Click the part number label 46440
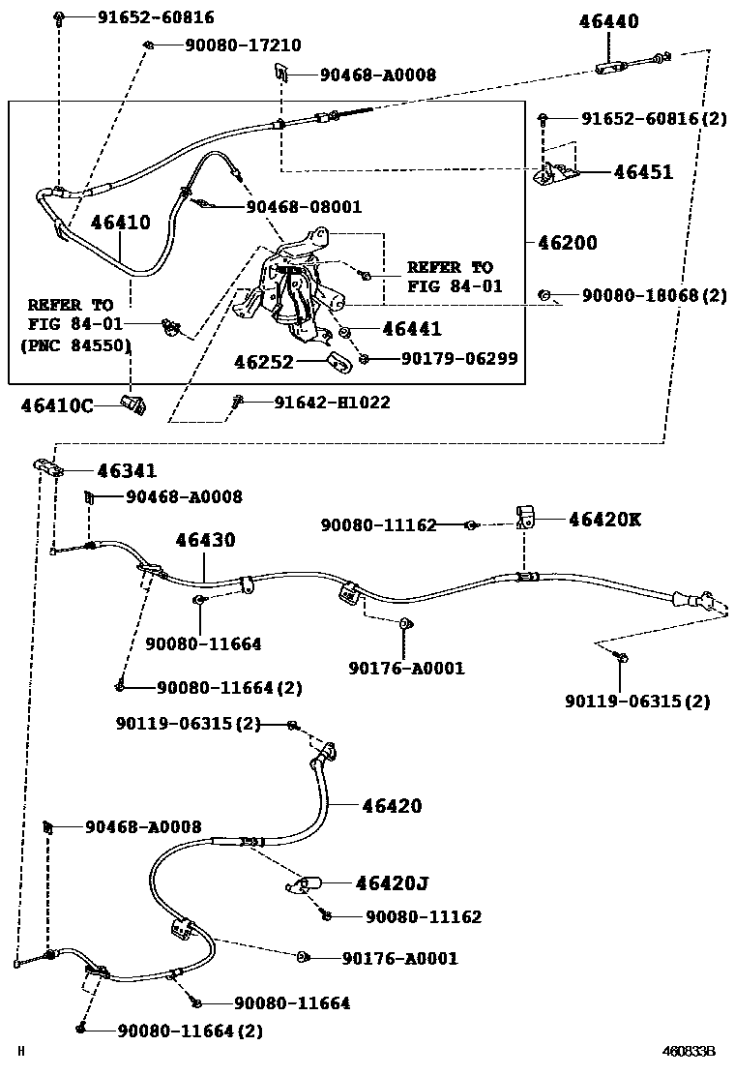pos(608,21)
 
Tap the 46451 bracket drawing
pos(557,172)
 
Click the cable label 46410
pos(121,223)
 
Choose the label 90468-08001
pos(304,206)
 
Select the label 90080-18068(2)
pos(654,295)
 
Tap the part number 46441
pos(411,330)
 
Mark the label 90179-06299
pos(458,358)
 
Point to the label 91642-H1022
pos(332,402)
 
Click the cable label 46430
pos(205,540)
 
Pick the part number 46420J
pos(391,882)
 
